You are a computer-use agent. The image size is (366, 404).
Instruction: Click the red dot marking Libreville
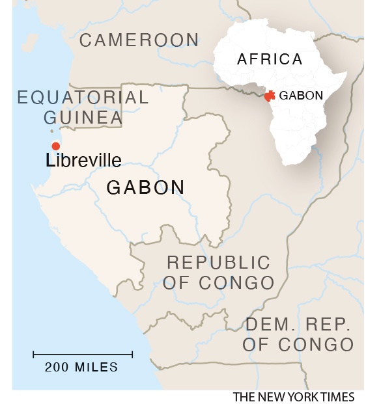click(56, 146)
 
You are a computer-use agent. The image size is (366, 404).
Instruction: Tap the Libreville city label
click(83, 160)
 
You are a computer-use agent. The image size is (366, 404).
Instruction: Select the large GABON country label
click(145, 187)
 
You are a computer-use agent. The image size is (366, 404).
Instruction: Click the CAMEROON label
click(139, 40)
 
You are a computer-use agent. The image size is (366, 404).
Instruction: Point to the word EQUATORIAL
click(83, 98)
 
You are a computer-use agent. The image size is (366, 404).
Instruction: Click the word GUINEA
click(83, 118)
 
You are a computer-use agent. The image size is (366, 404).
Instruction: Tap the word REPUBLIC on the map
click(218, 262)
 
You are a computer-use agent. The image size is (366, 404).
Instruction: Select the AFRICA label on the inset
click(270, 59)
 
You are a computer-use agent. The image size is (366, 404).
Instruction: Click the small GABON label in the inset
click(301, 96)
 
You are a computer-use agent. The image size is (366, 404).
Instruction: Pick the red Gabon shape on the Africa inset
click(269, 96)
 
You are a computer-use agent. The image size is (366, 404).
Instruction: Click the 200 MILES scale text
click(81, 367)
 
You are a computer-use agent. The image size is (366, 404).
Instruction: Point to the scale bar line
click(83, 355)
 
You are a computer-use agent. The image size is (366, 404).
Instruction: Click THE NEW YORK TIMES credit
click(294, 397)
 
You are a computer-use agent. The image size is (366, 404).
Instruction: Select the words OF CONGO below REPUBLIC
click(218, 282)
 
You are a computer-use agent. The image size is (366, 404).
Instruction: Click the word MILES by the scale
click(96, 367)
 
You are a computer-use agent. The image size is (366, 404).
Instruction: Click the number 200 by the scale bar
click(57, 367)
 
